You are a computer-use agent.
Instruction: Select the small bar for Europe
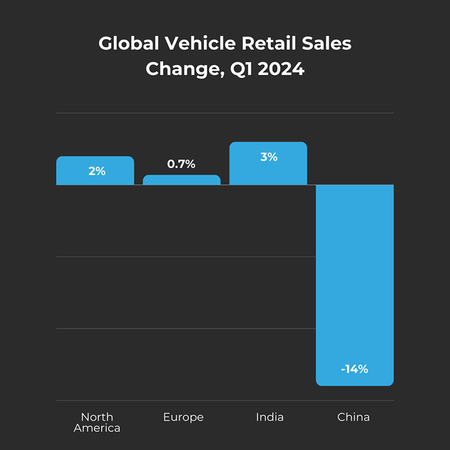point(181,180)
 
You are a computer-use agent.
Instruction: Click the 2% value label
point(97,171)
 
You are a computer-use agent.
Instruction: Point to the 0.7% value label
point(181,164)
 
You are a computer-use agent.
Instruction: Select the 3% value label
point(268,157)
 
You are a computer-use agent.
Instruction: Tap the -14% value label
point(354,369)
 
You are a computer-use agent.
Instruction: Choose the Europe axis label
point(183,417)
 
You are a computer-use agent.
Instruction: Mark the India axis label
point(269,417)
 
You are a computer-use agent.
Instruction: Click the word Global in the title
point(124,44)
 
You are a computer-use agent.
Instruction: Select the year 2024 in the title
point(281,70)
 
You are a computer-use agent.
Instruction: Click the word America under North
point(97,428)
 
